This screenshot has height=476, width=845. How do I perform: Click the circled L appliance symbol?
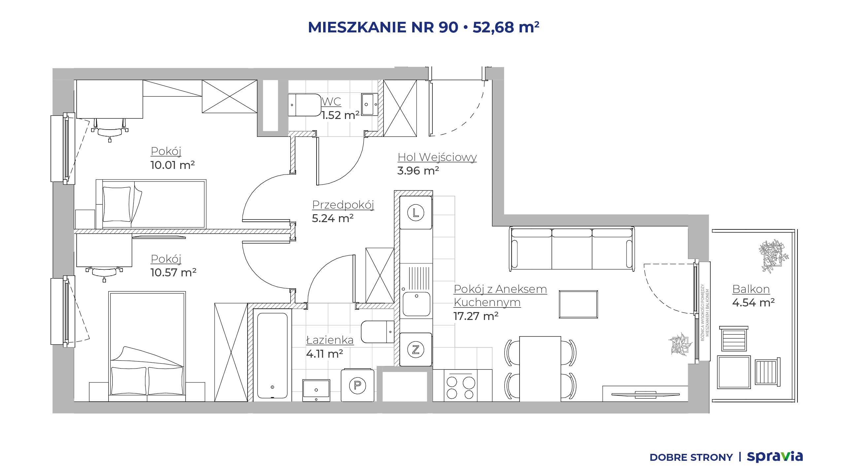[x=416, y=213]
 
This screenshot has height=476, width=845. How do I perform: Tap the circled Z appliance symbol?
[x=416, y=349]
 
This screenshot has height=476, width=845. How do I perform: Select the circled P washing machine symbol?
[x=357, y=385]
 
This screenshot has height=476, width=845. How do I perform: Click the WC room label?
[x=331, y=101]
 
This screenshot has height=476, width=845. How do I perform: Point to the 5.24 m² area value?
[x=333, y=218]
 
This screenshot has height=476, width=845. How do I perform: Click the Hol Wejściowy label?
[x=437, y=157]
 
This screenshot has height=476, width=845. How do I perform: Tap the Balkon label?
[x=751, y=289]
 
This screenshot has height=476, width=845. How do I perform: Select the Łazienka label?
[x=330, y=340]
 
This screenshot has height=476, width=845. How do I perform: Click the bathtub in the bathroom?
[x=272, y=355]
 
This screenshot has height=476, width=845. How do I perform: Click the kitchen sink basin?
[x=416, y=304]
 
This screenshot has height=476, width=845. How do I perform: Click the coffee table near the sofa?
[x=578, y=304]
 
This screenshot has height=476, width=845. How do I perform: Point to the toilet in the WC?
[x=305, y=105]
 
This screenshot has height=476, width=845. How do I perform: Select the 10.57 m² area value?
[x=173, y=272]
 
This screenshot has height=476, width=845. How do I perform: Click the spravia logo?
[x=775, y=456]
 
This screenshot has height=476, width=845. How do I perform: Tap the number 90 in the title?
[x=448, y=27]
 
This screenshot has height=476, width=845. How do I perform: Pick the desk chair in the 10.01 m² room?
[x=110, y=130]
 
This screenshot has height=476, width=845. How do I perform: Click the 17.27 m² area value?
[x=476, y=316]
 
